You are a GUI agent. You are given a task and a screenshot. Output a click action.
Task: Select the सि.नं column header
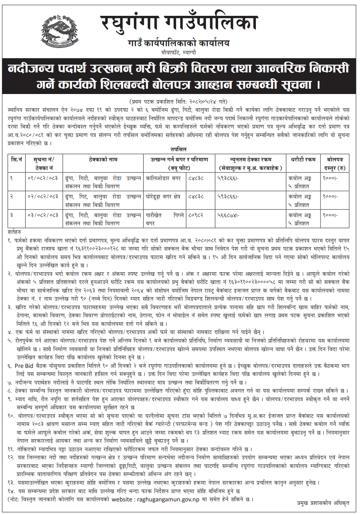17,160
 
